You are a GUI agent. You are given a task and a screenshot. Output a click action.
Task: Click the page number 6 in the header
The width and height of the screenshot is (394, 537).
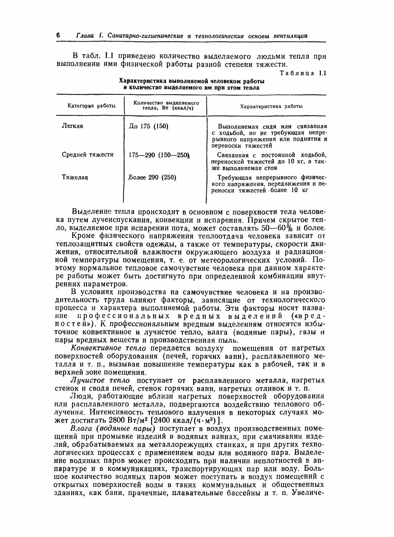(x=58, y=35)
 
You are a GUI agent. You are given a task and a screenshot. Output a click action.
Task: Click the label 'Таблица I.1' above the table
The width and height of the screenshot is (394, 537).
(x=303, y=74)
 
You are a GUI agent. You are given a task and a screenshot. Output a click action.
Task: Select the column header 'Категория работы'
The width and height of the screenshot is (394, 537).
(x=91, y=106)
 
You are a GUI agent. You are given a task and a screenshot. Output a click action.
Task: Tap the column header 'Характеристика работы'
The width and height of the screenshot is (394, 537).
(x=271, y=106)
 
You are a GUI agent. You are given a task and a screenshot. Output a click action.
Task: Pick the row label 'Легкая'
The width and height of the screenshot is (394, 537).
(x=72, y=126)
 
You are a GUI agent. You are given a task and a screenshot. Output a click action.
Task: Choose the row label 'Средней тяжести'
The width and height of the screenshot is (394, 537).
(x=88, y=155)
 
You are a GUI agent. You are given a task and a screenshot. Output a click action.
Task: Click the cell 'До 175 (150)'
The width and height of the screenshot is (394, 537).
(x=149, y=126)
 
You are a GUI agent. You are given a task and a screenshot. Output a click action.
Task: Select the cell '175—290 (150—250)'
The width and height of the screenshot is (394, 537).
(x=159, y=155)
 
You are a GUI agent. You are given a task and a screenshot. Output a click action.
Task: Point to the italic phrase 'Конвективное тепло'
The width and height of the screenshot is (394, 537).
(x=108, y=348)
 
